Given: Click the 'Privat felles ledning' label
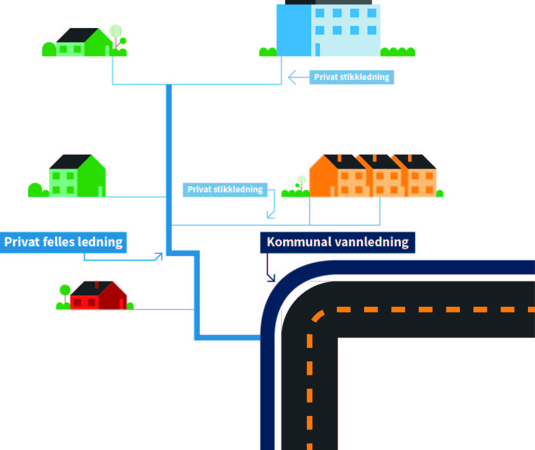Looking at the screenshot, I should (x=63, y=241).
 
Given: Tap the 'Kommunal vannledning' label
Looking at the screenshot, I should (x=337, y=242).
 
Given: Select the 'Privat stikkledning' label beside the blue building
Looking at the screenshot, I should (x=351, y=77).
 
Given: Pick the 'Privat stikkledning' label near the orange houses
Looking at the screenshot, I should (x=225, y=190).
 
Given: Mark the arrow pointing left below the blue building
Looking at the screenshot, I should (x=292, y=77).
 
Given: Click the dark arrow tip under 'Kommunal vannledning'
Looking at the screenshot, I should (x=271, y=279).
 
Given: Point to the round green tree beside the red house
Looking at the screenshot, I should (x=65, y=290).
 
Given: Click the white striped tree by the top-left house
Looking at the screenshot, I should (x=115, y=31).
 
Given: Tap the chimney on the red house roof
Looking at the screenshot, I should (x=97, y=284).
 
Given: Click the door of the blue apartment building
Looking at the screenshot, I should (x=318, y=49).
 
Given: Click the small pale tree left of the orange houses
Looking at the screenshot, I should (x=301, y=180).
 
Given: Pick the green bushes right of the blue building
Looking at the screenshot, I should (x=398, y=52).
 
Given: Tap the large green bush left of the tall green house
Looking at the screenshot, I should (x=35, y=190).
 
